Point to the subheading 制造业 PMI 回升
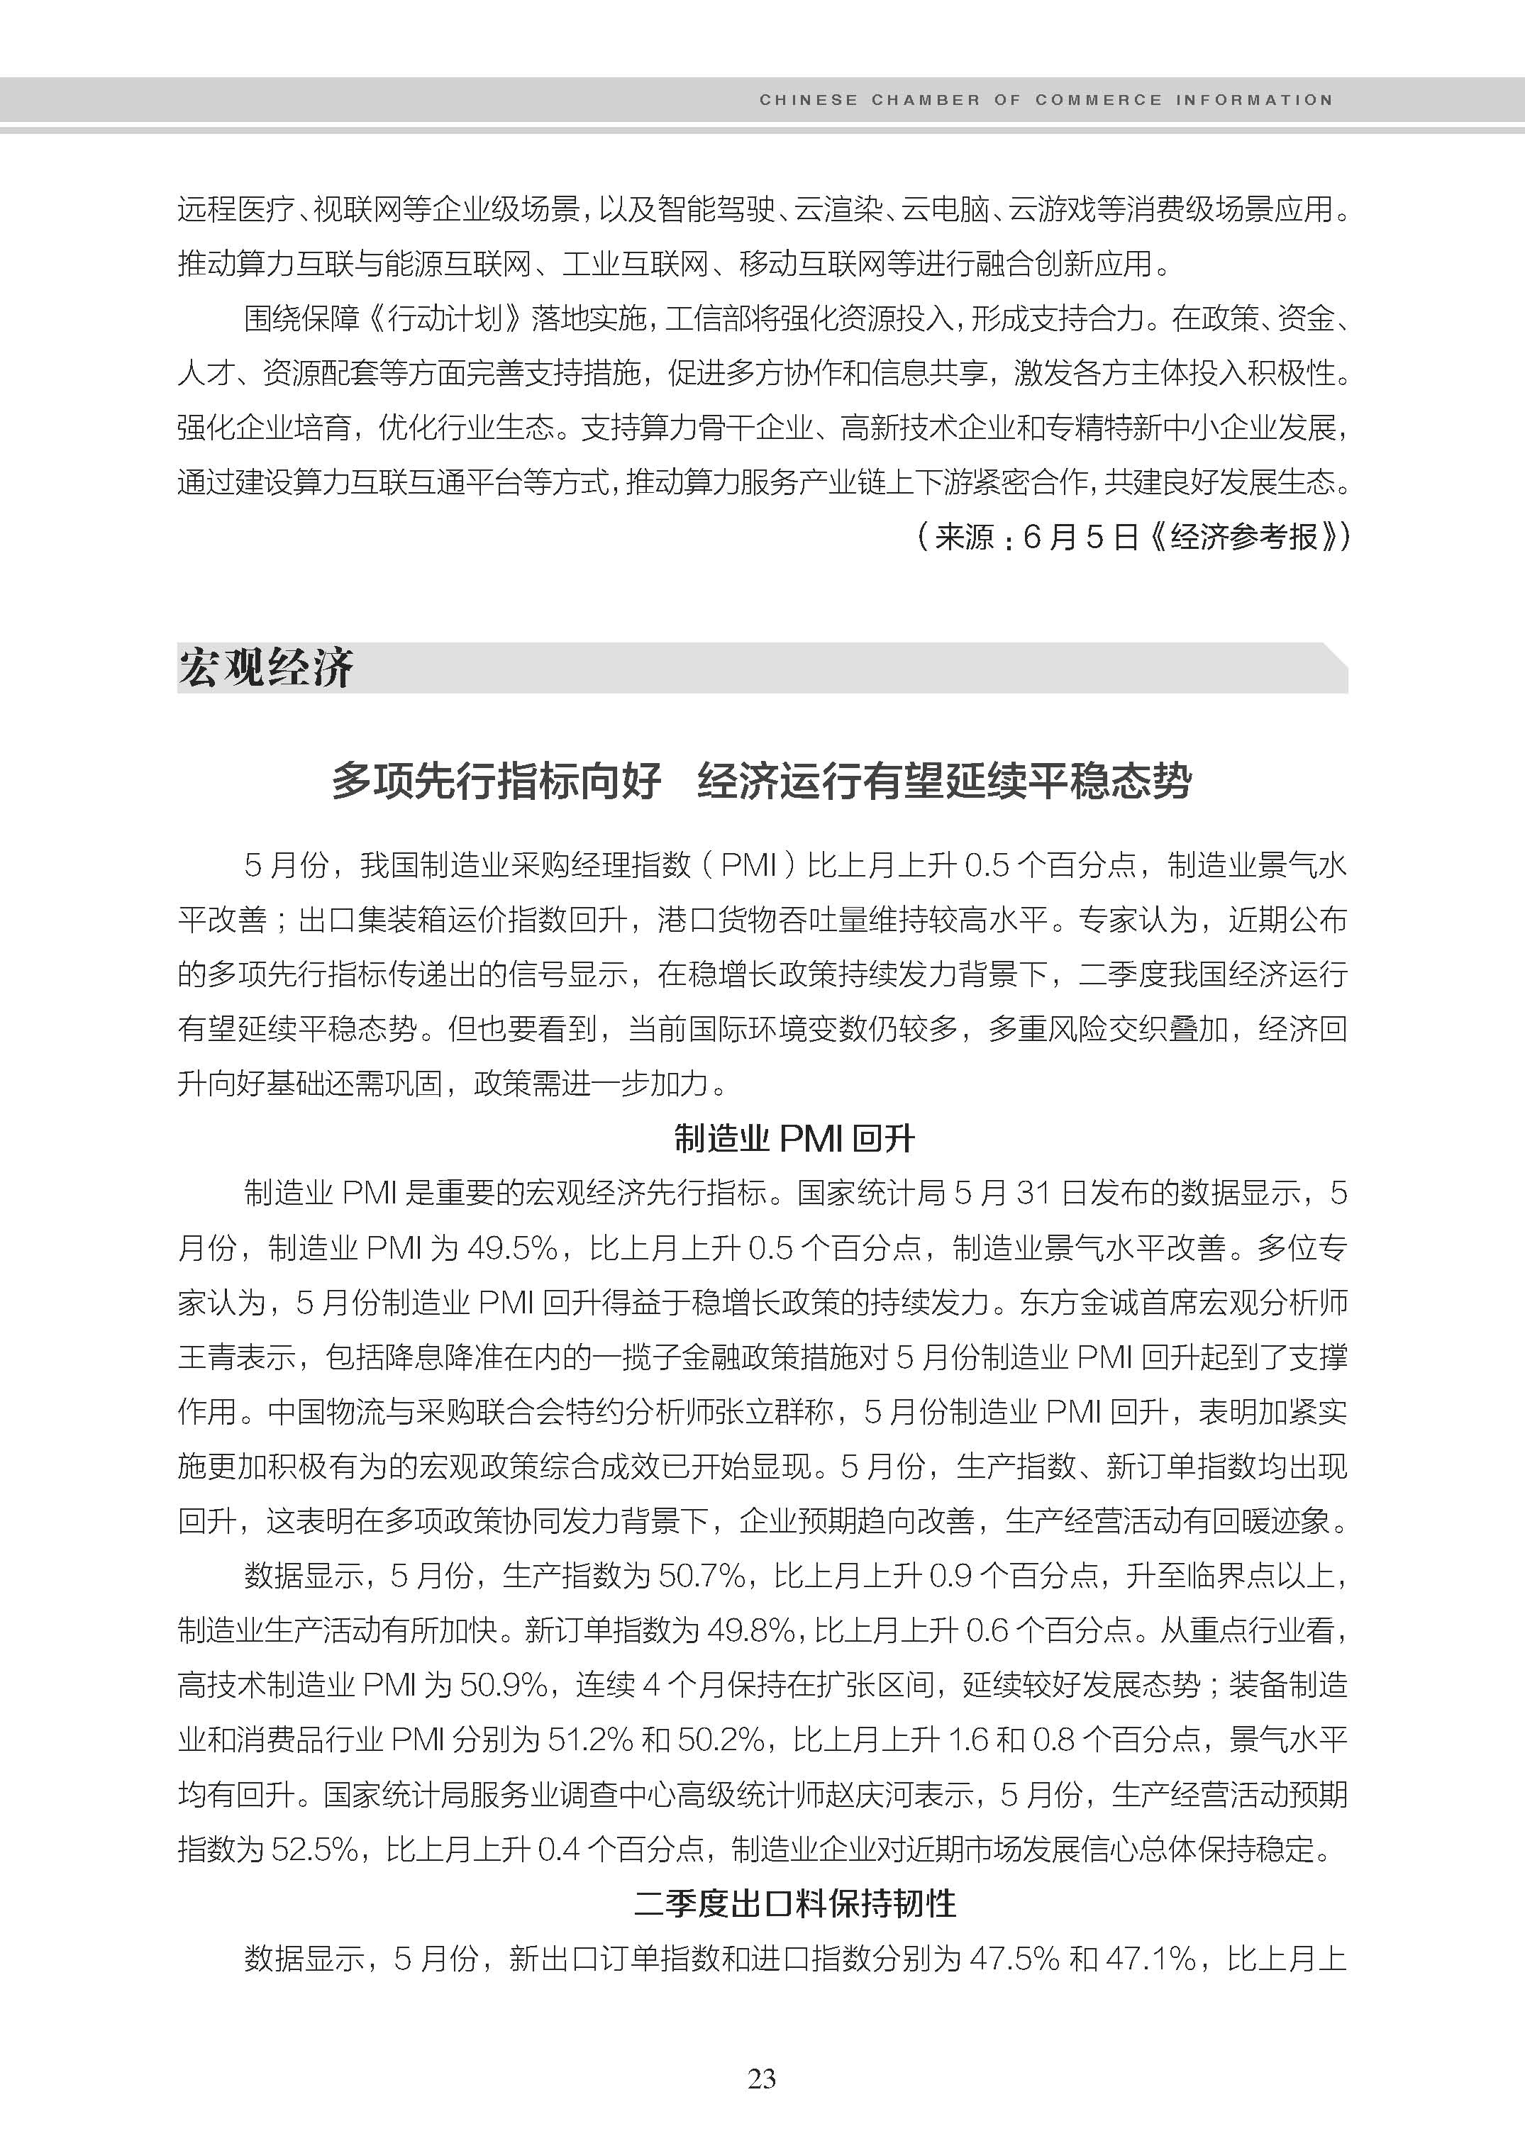(x=794, y=1138)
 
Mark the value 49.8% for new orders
(x=751, y=1630)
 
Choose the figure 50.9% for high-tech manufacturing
(x=504, y=1684)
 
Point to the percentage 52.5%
(x=315, y=1849)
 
